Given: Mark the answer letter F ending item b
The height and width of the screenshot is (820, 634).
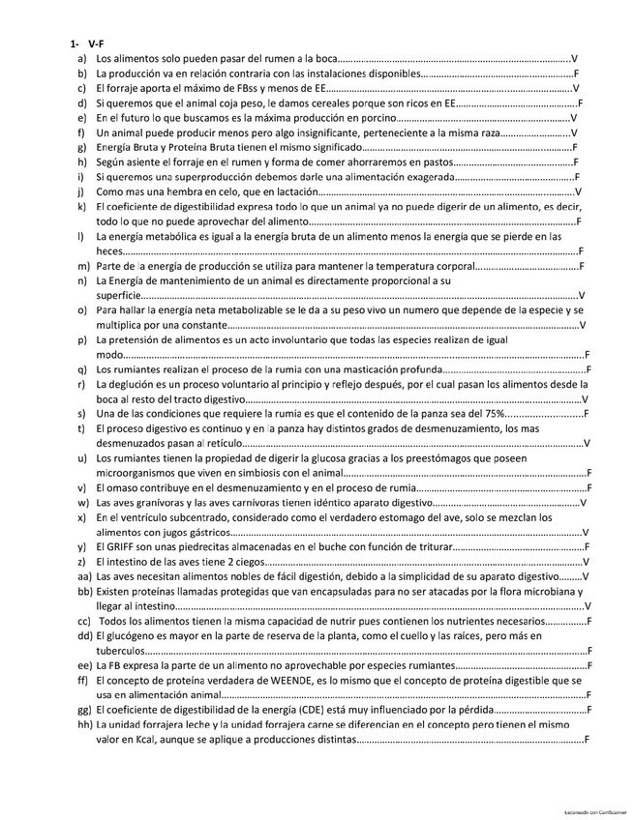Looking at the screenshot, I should (x=576, y=73).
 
